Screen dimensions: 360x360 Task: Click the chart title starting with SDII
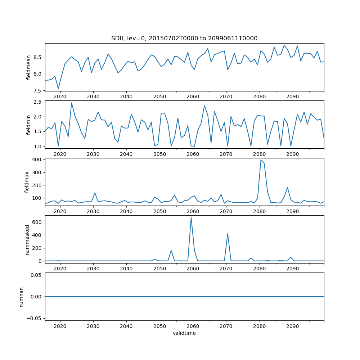(184, 38)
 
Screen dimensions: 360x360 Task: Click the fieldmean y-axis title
(28, 67)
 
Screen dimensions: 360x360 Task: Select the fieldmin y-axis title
(28, 125)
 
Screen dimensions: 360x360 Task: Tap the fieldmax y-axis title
(27, 182)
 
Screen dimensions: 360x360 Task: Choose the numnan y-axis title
(22, 297)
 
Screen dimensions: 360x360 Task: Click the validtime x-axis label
(184, 333)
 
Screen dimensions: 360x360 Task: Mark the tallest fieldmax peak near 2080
(261, 160)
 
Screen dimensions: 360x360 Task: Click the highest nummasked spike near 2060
(191, 217)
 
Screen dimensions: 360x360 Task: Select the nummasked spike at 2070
(228, 234)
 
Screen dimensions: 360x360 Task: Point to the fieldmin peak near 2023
(71, 103)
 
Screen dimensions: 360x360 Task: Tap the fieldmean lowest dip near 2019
(58, 89)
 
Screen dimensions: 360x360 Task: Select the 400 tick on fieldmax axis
(37, 159)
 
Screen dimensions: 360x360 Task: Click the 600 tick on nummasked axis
(37, 222)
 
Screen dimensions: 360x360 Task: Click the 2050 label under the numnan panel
(159, 327)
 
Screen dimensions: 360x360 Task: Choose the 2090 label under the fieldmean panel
(292, 96)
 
